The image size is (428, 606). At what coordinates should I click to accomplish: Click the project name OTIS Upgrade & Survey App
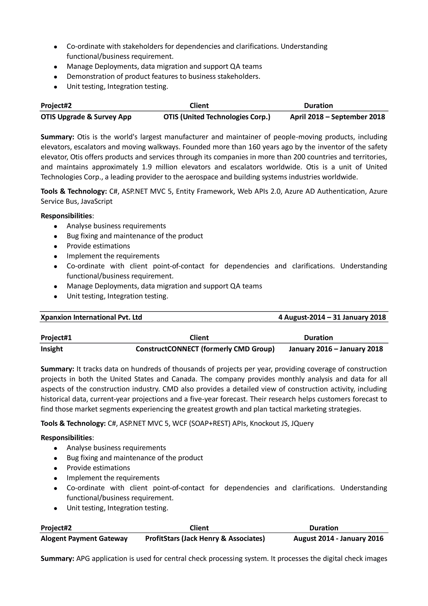86,117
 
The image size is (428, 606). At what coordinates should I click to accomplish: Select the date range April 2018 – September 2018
337,117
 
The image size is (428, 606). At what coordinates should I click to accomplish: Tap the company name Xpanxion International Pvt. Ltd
91,317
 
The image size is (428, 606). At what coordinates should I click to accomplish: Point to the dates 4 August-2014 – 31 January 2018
332,317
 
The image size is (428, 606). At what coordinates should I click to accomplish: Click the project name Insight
52,349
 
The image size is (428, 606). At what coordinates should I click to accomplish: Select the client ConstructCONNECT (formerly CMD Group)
205,349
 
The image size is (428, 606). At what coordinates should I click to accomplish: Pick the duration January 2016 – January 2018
335,349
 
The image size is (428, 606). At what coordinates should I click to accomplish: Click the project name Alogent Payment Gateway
84,538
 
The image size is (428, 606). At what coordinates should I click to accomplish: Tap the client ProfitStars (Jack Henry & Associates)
205,538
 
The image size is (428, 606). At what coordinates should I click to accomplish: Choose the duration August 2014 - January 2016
338,538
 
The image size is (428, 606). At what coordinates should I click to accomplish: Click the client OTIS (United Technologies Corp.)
217,117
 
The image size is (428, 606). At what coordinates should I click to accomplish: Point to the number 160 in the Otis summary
255,147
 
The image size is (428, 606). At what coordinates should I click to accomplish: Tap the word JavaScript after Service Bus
96,201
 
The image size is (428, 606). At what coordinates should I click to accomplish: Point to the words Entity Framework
205,191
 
